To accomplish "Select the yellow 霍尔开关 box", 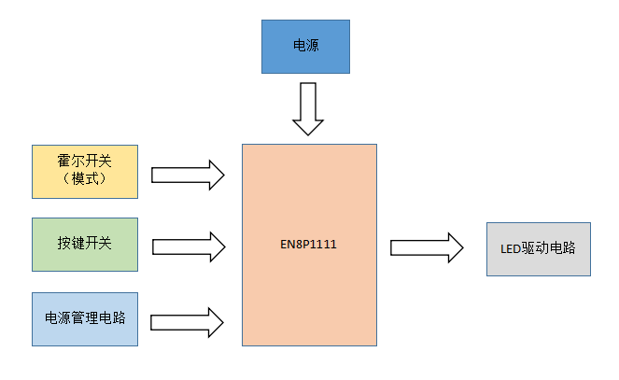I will click(85, 171).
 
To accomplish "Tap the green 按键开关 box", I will click(85, 245).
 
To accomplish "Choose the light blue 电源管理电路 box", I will click(85, 318).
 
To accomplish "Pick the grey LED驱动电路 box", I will click(538, 249).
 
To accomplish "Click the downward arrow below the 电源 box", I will click(307, 107).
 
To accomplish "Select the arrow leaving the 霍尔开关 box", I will click(187, 174).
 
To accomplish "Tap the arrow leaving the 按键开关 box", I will click(187, 246).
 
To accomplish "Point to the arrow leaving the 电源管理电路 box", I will click(187, 321).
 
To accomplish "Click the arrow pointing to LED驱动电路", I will click(426, 247).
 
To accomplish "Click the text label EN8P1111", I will click(309, 246).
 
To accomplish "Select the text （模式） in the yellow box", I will click(85, 179).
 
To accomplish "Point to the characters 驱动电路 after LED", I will click(550, 249).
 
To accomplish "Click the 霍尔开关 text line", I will click(85, 162).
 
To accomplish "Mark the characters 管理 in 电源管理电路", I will click(85, 318).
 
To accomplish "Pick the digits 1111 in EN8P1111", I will click(324, 246).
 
